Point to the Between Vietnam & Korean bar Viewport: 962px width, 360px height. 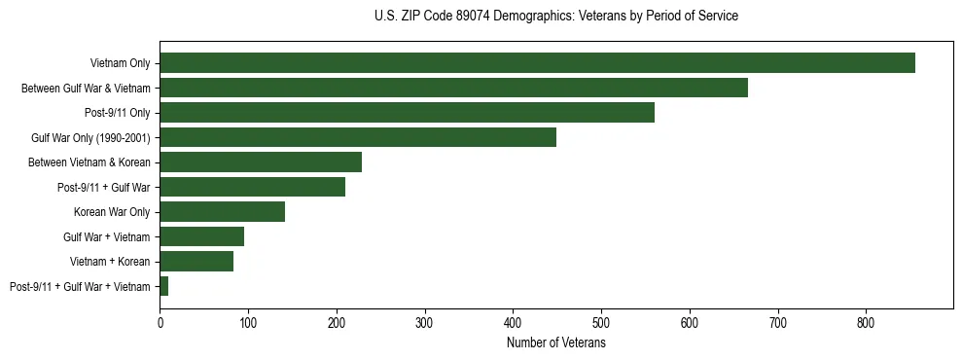(261, 162)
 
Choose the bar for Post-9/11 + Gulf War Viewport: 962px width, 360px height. (252, 187)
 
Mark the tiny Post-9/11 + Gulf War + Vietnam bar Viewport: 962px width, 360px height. (164, 286)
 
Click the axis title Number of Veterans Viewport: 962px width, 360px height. (556, 343)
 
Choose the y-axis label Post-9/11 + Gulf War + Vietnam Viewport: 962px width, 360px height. (80, 286)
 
